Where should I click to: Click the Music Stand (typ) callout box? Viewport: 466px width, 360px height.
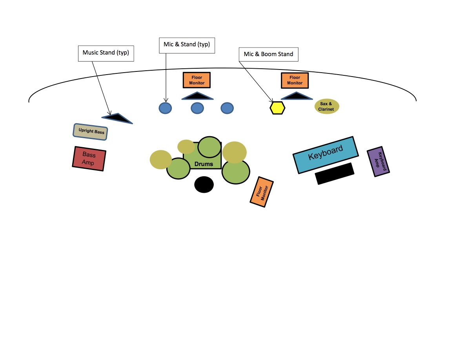[x=106, y=53]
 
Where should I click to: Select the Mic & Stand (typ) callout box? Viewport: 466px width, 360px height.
[x=187, y=45]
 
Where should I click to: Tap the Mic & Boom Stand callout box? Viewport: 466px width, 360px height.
[x=268, y=54]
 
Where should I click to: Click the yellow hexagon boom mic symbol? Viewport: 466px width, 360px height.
[x=277, y=108]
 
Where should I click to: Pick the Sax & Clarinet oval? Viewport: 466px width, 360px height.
[x=327, y=106]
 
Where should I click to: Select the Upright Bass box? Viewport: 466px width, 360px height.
[x=91, y=132]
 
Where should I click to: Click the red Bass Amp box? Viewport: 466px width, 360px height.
[x=89, y=159]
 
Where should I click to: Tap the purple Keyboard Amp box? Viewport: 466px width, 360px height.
[x=378, y=163]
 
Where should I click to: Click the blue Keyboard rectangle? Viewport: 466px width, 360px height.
[x=326, y=155]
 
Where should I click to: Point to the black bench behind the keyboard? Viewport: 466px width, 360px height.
[x=335, y=174]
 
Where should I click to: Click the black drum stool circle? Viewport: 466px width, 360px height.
[x=204, y=185]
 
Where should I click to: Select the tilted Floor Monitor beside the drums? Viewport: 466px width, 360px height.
[x=262, y=192]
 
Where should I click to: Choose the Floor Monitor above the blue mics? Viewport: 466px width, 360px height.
[x=197, y=80]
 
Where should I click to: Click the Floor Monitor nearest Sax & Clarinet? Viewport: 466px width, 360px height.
[x=295, y=80]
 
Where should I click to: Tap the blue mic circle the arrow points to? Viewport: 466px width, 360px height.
[x=165, y=108]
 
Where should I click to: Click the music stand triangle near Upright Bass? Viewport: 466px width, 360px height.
[x=117, y=117]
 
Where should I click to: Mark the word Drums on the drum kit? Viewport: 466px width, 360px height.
[x=204, y=164]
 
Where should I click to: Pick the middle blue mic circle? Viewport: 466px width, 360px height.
[x=197, y=108]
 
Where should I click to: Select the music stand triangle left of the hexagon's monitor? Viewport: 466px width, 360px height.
[x=197, y=96]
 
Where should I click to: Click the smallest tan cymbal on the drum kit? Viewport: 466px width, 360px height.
[x=186, y=147]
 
